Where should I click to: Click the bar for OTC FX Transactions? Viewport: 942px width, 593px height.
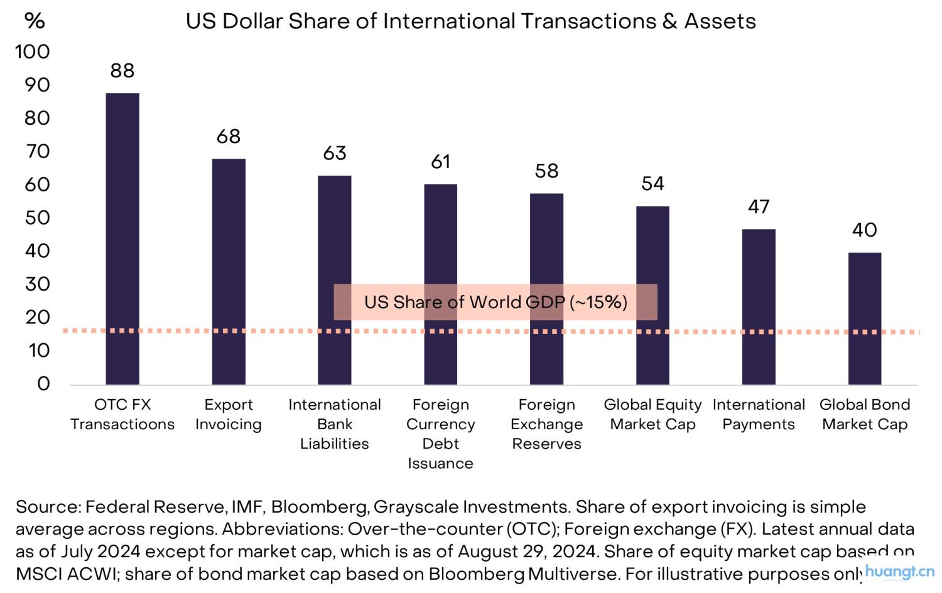pyautogui.click(x=122, y=238)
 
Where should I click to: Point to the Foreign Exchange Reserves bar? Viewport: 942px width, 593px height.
pyautogui.click(x=546, y=289)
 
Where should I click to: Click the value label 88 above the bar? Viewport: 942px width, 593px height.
pyautogui.click(x=122, y=71)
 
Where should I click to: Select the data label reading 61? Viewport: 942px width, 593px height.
pyautogui.click(x=441, y=162)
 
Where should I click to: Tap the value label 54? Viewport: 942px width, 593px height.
pyautogui.click(x=652, y=183)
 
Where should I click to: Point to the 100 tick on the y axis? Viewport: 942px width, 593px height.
pyautogui.click(x=32, y=51)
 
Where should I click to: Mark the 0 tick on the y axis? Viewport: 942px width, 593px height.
pyautogui.click(x=43, y=383)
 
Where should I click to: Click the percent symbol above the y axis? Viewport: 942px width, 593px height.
pyautogui.click(x=35, y=21)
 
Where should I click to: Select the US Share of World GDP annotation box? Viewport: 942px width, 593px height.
pyautogui.click(x=495, y=302)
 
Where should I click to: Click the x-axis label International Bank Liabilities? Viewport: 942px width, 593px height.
pyautogui.click(x=335, y=424)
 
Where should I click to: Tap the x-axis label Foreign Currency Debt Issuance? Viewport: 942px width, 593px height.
pyautogui.click(x=441, y=434)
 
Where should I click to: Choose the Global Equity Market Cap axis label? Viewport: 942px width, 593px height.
pyautogui.click(x=652, y=414)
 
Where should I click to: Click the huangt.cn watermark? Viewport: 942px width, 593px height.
pyautogui.click(x=900, y=572)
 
